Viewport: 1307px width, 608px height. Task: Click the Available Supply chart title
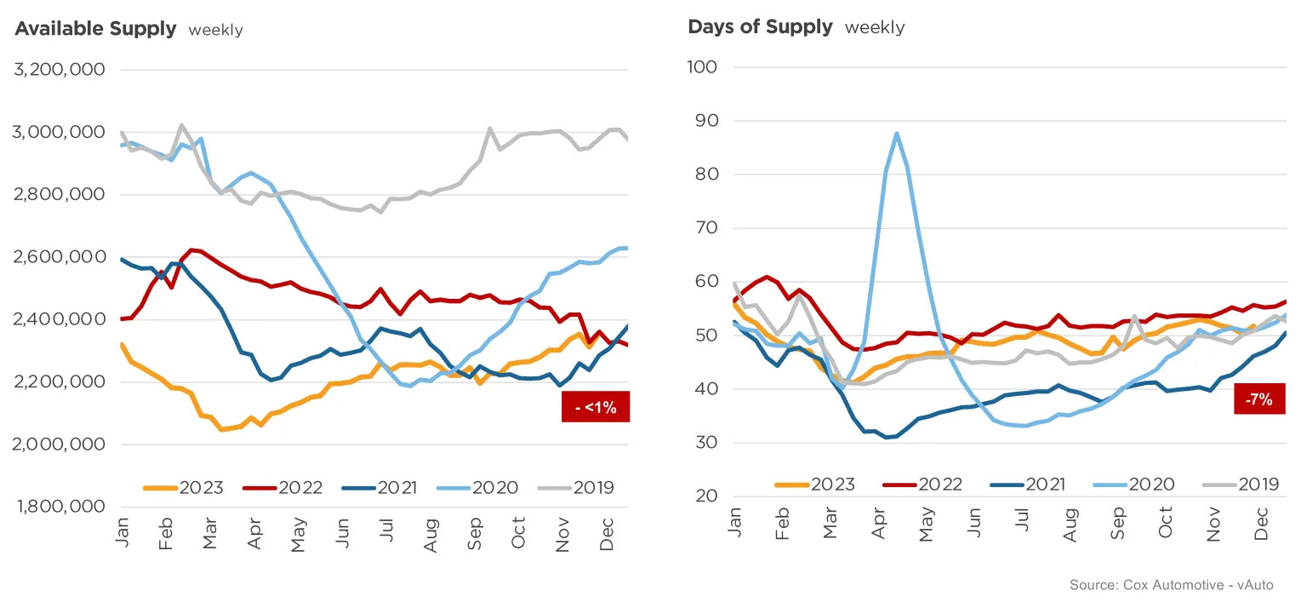tap(95, 29)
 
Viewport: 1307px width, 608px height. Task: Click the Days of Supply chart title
tap(760, 27)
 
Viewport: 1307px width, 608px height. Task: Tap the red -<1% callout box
tap(595, 406)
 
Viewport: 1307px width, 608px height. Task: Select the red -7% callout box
tap(1259, 399)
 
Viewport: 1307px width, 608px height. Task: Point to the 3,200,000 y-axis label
tap(60, 70)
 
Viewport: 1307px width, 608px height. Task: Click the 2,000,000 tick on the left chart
tap(59, 444)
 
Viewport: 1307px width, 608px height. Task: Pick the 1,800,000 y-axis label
tap(61, 506)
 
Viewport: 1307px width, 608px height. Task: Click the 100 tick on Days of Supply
tap(703, 67)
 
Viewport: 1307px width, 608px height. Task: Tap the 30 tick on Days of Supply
tap(706, 442)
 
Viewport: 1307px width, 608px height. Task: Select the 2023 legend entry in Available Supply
tap(183, 487)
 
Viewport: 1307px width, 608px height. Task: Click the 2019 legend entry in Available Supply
tap(576, 487)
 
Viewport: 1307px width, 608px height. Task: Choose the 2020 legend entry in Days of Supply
tap(1133, 485)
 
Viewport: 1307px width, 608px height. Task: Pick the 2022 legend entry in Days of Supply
tap(922, 485)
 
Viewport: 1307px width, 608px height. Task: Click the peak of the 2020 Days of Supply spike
tap(896, 133)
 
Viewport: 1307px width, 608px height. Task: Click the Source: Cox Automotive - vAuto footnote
tap(1171, 585)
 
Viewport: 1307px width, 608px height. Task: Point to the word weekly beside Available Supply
tap(215, 30)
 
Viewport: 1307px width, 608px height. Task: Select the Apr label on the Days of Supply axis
tap(878, 524)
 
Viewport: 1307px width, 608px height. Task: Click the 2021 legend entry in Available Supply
tap(380, 487)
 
